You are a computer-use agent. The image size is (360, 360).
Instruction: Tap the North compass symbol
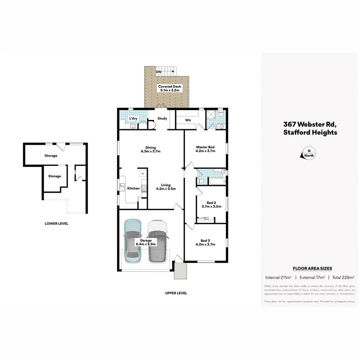pos(308,154)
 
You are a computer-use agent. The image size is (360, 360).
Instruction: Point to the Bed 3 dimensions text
pos(205,244)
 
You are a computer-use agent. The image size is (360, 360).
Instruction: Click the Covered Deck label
pos(170,86)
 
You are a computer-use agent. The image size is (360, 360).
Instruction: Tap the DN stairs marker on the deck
pos(159,72)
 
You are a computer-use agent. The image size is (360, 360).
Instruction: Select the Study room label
pos(162,118)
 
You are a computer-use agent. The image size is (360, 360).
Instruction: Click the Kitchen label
pos(133,188)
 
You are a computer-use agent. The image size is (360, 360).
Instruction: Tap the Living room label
pos(166,185)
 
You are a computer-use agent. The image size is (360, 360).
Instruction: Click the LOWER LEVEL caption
pos(56,224)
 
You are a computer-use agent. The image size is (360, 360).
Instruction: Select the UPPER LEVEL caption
pos(176,293)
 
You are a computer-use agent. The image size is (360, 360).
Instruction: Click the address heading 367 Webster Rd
pos(310,124)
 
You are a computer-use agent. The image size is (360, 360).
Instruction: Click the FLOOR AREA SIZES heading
pos(312,268)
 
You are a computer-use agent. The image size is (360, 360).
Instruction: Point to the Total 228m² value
pos(343,277)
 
